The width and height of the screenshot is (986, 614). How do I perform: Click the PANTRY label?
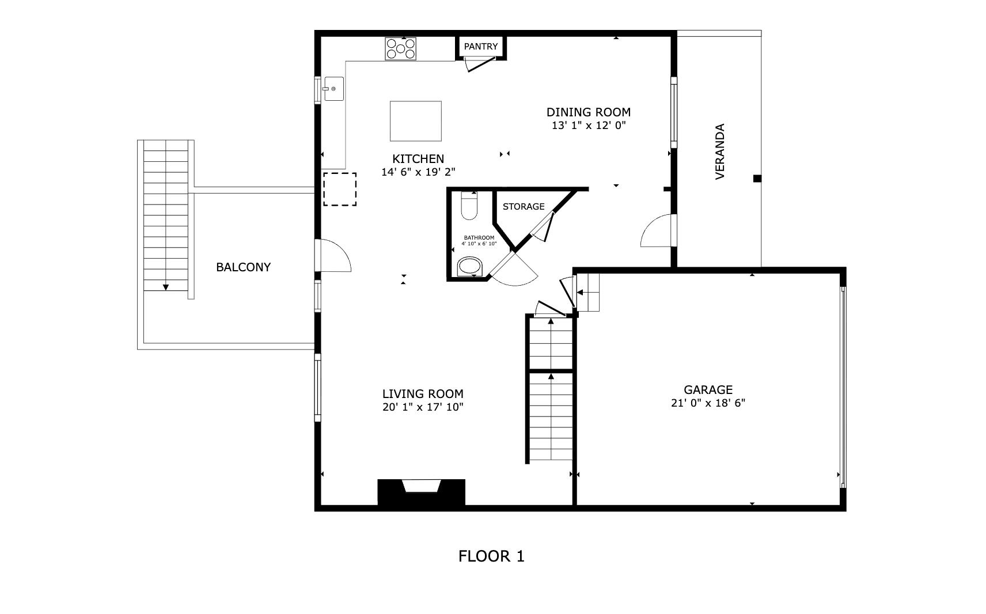(481, 46)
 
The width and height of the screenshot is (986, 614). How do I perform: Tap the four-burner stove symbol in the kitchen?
(401, 49)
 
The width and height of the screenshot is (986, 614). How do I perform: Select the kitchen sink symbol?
(333, 89)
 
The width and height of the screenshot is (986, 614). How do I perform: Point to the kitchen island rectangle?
(415, 121)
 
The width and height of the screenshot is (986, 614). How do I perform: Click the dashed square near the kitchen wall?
(340, 189)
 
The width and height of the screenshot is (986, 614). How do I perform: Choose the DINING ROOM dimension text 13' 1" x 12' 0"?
(589, 126)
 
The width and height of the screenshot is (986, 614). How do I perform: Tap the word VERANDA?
(720, 151)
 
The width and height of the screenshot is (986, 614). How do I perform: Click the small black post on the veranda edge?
(757, 178)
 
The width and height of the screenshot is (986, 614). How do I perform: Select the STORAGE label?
(524, 206)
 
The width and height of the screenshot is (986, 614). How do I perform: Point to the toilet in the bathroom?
(469, 206)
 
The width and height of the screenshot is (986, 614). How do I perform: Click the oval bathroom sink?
(469, 267)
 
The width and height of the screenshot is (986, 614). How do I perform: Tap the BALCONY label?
(244, 267)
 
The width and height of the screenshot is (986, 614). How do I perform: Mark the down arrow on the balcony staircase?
(166, 287)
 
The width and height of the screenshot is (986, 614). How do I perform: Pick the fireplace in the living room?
(421, 492)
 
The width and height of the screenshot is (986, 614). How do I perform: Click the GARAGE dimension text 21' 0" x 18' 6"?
(708, 403)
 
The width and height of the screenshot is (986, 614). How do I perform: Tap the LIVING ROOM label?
(423, 394)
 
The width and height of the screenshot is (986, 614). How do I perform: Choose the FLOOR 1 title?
(491, 556)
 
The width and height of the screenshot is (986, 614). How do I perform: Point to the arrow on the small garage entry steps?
(580, 292)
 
